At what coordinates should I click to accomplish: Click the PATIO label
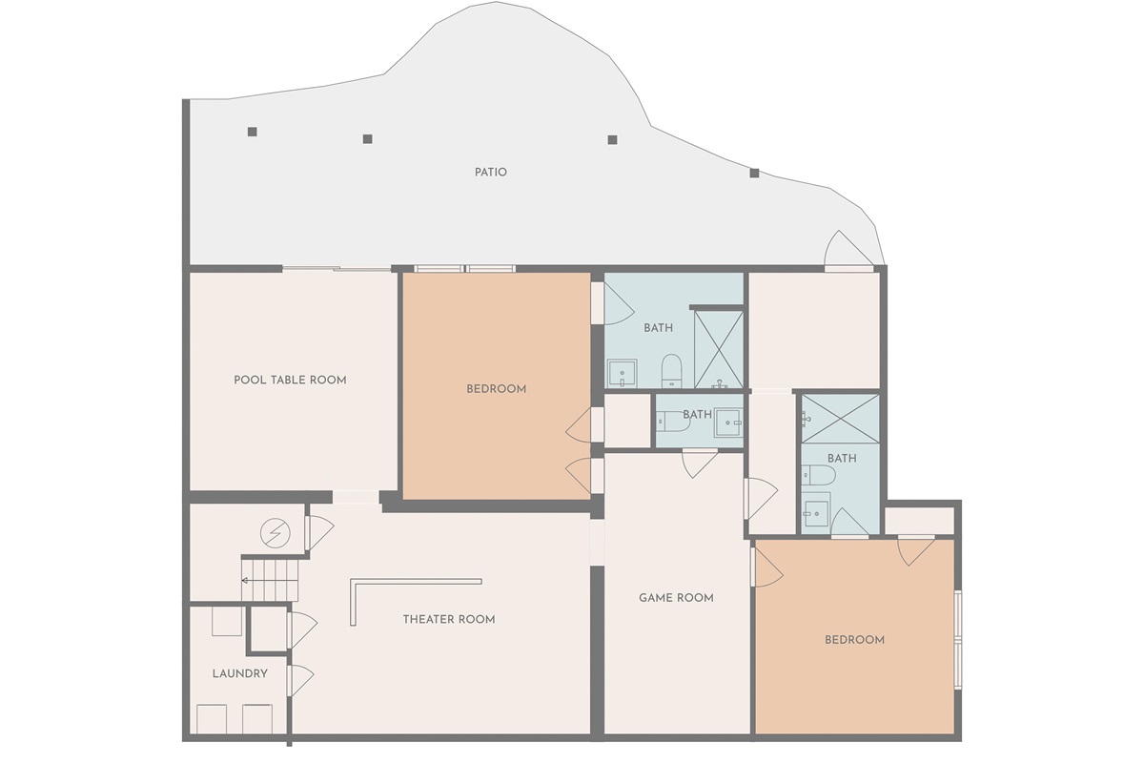click(x=490, y=173)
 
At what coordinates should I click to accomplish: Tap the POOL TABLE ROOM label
click(x=290, y=381)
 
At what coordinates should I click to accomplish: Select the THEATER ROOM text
click(x=449, y=619)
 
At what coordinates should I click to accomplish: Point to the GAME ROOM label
click(x=676, y=598)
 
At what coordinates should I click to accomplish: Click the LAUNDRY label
click(x=240, y=673)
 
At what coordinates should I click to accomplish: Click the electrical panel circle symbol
click(x=276, y=533)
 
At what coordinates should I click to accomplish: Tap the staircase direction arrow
click(x=269, y=581)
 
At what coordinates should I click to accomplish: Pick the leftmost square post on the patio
click(x=253, y=132)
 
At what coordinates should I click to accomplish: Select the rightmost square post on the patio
click(x=754, y=174)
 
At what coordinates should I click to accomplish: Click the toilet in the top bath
click(x=671, y=370)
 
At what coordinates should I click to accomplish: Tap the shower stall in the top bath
click(x=719, y=349)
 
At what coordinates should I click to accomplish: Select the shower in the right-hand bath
click(x=840, y=419)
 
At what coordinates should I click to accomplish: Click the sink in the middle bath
click(x=728, y=422)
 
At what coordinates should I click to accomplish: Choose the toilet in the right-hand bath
click(x=818, y=475)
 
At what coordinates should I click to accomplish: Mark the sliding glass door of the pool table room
click(x=337, y=269)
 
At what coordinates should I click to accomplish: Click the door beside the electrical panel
click(x=319, y=532)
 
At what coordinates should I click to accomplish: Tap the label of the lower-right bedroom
click(x=854, y=640)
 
